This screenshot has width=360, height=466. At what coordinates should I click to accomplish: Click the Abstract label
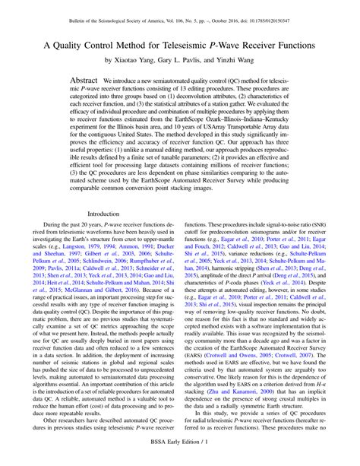point(85,80)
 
